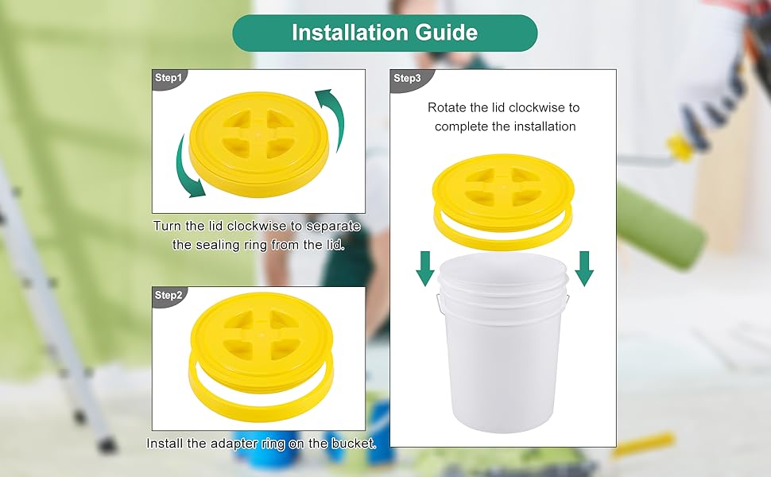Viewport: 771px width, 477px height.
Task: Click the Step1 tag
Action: coord(169,78)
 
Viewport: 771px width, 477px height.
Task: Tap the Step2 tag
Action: coord(169,295)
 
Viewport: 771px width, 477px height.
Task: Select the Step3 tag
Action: coord(407,78)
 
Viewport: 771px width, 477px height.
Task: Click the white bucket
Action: coord(502,350)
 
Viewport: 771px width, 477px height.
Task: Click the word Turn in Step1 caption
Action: coord(166,227)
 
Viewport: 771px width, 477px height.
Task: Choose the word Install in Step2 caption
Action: coord(165,443)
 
